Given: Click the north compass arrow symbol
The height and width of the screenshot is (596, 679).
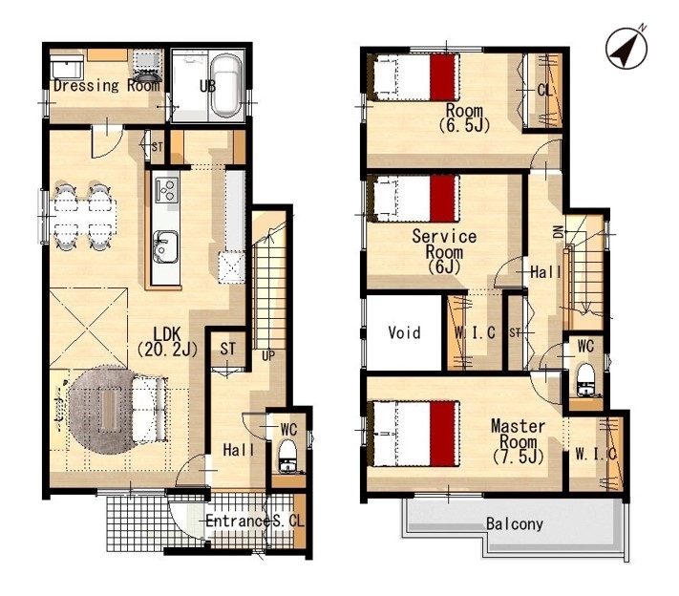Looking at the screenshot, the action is tap(627, 48).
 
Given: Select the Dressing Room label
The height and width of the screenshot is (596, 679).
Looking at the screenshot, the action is tap(107, 85).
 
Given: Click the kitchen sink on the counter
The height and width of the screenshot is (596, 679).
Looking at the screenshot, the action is tap(165, 246).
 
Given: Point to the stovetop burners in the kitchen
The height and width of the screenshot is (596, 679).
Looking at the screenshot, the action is tap(167, 190).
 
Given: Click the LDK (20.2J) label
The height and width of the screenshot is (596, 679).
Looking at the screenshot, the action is tap(167, 341).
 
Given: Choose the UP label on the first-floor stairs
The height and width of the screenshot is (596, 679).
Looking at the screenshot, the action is tap(268, 355).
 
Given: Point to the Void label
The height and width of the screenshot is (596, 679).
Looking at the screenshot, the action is tap(404, 332).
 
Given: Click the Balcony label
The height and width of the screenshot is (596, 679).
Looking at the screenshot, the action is tap(515, 524).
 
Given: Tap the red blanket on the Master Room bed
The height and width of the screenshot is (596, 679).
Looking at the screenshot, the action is tap(444, 434).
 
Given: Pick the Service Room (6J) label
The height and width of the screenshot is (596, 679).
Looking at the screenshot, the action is tap(444, 251).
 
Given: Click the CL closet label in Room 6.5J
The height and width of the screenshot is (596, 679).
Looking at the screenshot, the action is tap(544, 90).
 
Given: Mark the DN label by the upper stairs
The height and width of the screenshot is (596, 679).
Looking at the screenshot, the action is tap(559, 232).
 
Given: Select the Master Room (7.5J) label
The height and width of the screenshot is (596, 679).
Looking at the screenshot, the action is tap(518, 441).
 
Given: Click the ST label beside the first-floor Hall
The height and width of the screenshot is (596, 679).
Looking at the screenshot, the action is tap(228, 349).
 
